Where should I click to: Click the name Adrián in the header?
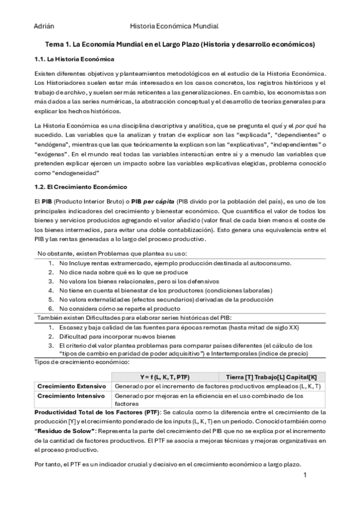tap(43, 26)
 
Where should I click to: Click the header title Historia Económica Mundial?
tap(174, 26)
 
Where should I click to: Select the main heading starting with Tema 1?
tap(180, 45)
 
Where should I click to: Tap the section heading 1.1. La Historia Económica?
tap(71, 59)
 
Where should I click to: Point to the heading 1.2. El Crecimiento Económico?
tap(80, 187)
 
